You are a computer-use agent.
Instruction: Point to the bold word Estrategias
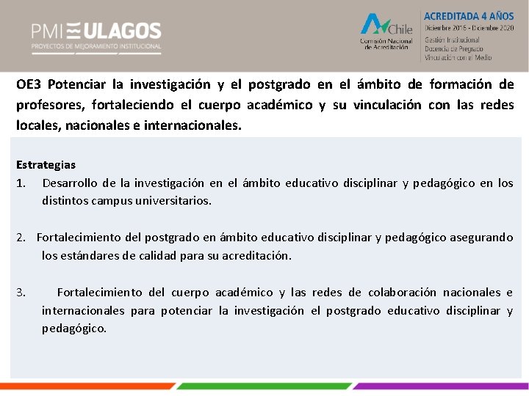click(46, 165)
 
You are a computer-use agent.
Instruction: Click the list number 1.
click(21, 183)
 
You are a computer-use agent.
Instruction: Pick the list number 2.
click(21, 238)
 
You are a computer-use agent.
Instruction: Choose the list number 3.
click(21, 293)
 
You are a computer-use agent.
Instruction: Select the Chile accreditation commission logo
click(386, 33)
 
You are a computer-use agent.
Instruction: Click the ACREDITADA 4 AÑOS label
click(468, 15)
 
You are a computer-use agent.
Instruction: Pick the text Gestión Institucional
click(452, 40)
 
